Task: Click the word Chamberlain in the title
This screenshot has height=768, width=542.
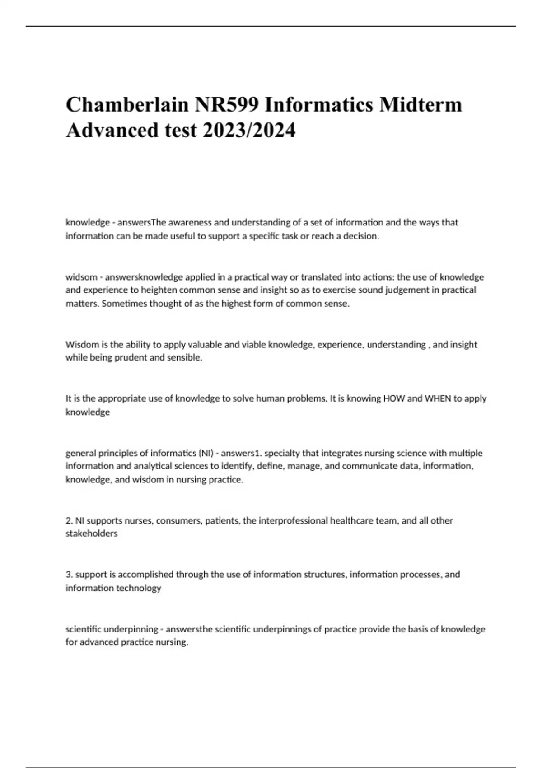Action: (127, 105)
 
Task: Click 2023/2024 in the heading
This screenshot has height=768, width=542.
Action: (249, 131)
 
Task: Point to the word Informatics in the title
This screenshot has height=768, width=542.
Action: (319, 105)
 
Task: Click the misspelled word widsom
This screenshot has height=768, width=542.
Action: (81, 277)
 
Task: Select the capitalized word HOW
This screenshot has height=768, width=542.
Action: (393, 398)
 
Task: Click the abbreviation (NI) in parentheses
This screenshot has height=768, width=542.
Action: (206, 453)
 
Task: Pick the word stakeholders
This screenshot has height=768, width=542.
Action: (92, 534)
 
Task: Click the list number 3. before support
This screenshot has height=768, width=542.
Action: (69, 575)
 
